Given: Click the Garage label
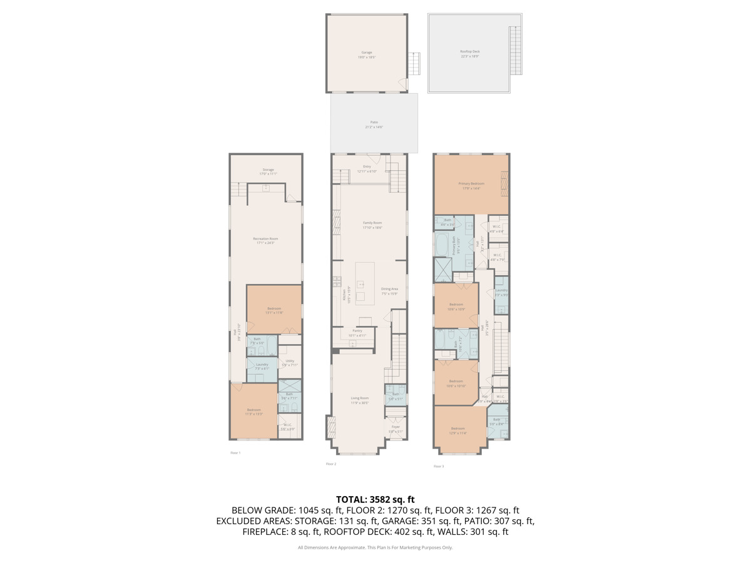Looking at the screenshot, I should point(367,52).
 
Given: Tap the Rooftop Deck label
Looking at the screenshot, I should point(470,51).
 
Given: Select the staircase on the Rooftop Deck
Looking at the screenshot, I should point(516,51).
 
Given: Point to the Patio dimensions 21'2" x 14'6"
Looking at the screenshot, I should point(374,127).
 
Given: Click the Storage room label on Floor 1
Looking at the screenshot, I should point(268,170).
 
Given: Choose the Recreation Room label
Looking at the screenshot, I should point(265,238).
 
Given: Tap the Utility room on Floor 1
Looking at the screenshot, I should point(290,361).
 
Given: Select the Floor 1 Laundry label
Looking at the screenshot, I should point(262,364).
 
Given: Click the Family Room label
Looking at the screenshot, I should point(372,223).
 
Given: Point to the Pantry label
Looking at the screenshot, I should point(357,330).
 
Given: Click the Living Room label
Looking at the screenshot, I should point(360,398).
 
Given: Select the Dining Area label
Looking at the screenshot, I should point(390,289).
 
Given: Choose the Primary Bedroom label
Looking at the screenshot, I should point(471,183).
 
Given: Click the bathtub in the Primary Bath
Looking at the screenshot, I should point(442,245).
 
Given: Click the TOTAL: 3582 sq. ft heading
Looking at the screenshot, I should point(375,499).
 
